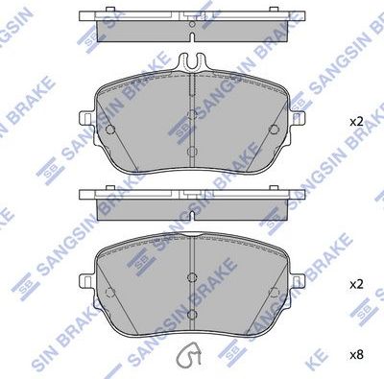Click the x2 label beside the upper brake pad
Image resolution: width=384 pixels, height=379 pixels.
point(356,122)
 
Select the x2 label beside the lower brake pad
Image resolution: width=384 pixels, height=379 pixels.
point(356,285)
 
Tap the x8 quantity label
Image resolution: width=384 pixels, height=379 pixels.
point(356,355)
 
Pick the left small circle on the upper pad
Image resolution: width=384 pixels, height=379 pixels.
point(112,130)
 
